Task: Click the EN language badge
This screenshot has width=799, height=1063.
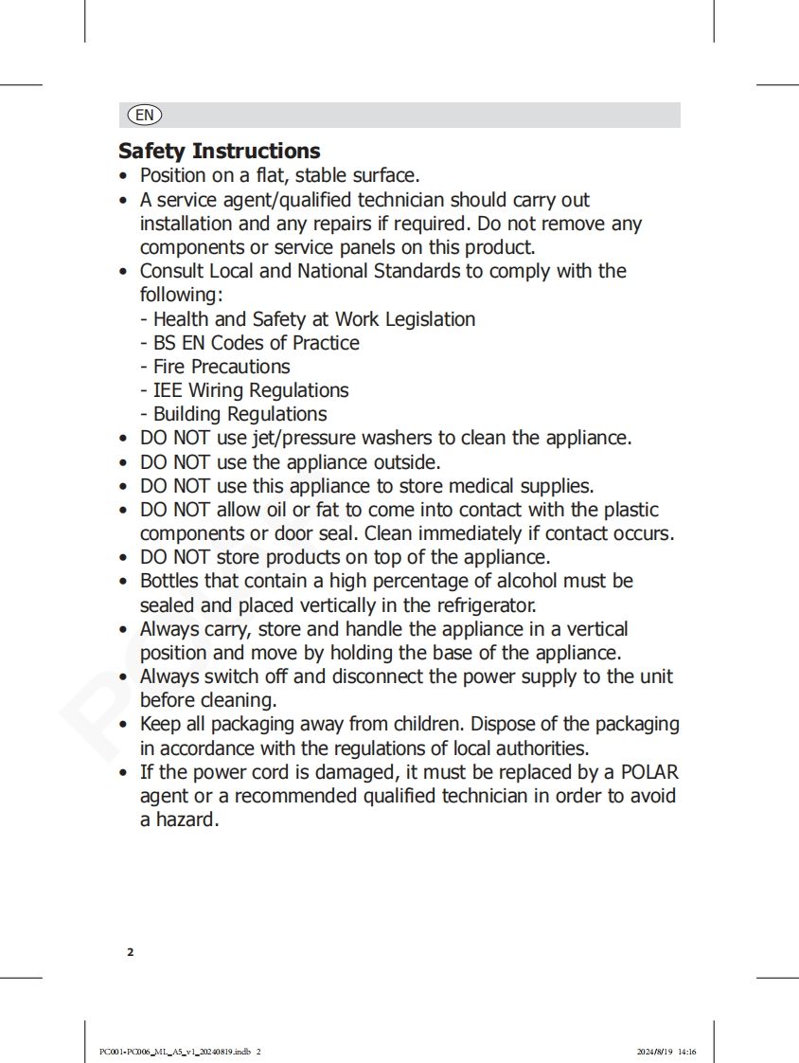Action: tap(144, 116)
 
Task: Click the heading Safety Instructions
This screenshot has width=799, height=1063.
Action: tap(219, 152)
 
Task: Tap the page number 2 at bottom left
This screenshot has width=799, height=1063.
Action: tap(131, 952)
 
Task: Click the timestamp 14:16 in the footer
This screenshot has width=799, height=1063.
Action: tap(687, 1052)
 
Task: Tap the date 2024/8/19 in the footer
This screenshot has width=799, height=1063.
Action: tap(654, 1052)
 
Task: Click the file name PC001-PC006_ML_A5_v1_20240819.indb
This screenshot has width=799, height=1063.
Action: tap(175, 1052)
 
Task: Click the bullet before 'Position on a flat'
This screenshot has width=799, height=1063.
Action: tap(124, 176)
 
